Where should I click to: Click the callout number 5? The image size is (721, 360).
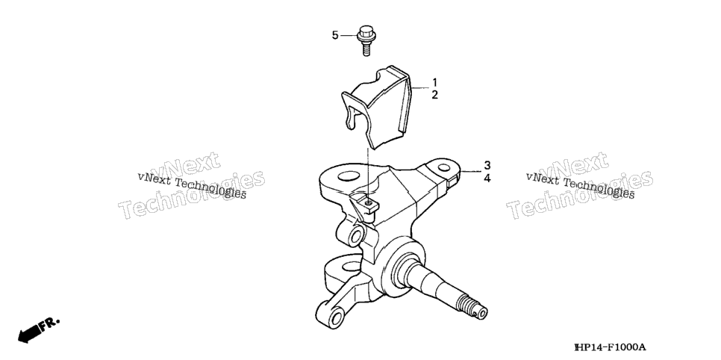coord(335,35)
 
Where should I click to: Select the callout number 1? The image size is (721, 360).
coord(434,83)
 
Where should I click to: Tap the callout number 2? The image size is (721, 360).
coord(434,96)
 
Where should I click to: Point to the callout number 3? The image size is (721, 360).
coord(487,165)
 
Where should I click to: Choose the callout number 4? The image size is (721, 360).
coord(487,179)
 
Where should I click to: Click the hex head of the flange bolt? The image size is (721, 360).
coord(366,32)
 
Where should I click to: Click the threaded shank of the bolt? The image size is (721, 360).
coord(366,48)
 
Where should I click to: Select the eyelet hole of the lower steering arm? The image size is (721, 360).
coord(336,318)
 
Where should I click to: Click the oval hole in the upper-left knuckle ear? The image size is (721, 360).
coord(348,176)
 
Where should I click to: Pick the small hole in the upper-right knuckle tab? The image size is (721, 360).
coord(443,167)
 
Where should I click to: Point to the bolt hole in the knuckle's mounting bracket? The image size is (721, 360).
coord(367,202)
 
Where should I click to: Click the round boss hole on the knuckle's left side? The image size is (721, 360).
coord(355,237)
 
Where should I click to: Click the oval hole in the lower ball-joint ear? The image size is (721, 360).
coord(352,267)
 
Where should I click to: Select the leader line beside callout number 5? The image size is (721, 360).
coord(349,35)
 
